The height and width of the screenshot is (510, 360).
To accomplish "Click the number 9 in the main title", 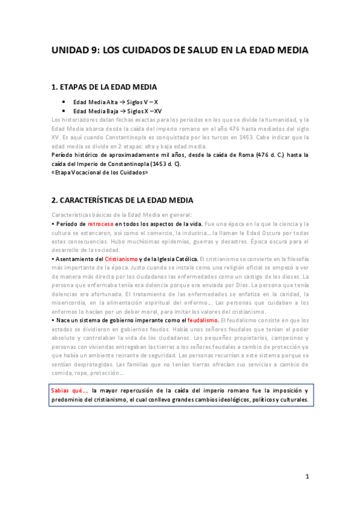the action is pos(93,51).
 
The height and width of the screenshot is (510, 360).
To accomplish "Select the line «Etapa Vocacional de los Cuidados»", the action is pos(99,173).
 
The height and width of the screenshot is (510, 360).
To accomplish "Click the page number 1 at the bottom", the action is pos(307,477).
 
